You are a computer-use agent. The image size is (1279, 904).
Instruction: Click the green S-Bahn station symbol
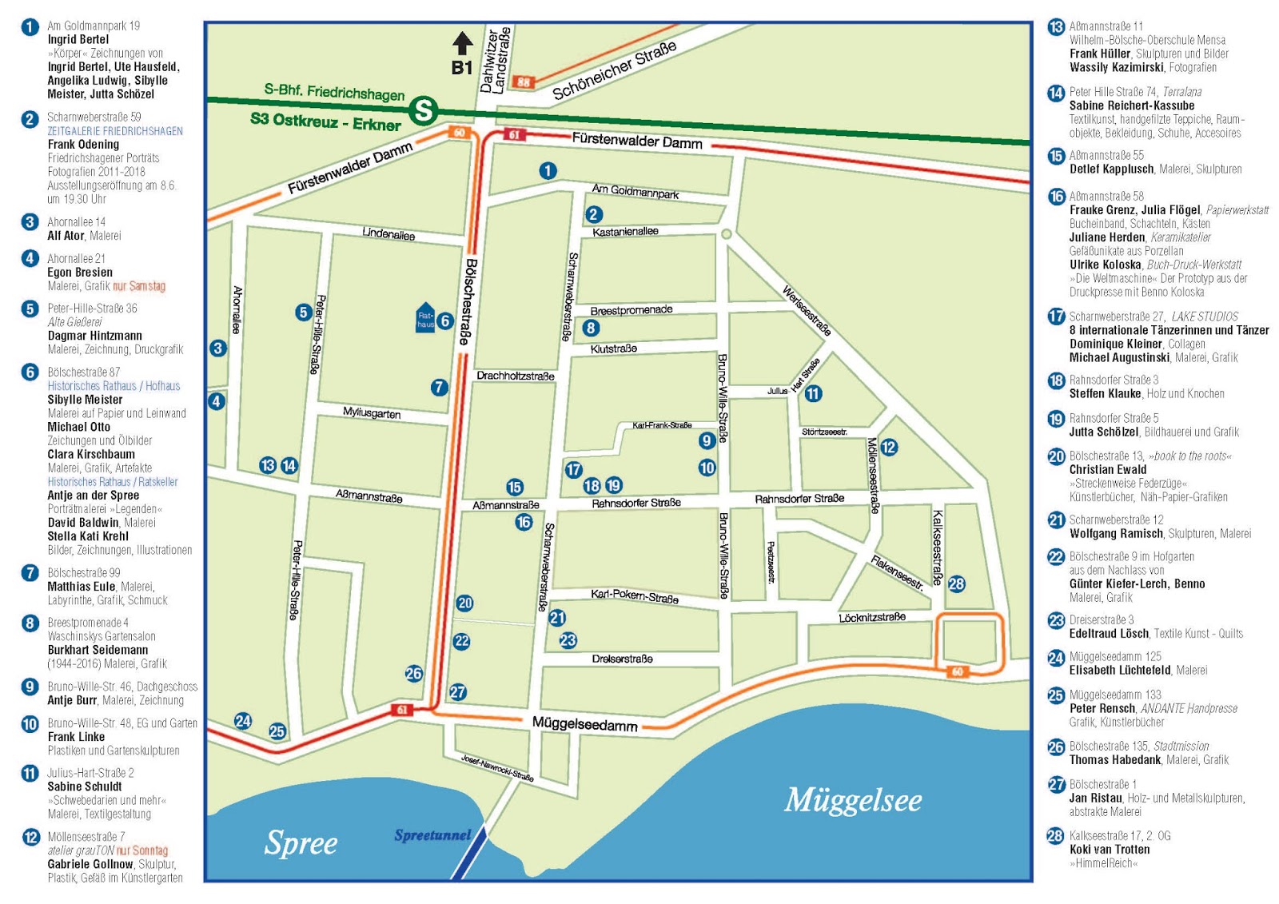point(424,111)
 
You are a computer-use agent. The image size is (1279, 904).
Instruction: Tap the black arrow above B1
point(463,43)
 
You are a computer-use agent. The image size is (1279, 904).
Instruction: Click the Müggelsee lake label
point(853,800)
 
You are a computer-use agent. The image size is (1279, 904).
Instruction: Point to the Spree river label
point(301,843)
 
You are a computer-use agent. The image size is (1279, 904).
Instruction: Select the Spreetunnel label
point(432,835)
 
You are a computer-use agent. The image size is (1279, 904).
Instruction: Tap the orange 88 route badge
point(524,82)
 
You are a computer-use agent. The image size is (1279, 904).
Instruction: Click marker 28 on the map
point(956,583)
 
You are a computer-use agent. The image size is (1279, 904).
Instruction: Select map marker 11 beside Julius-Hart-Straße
point(813,393)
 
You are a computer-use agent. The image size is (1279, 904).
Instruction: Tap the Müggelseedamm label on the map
point(585,724)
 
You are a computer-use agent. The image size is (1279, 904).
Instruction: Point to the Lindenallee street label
point(388,234)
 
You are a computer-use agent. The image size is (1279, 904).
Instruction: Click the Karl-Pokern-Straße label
point(635,596)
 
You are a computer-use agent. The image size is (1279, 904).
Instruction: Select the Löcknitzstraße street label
point(872,617)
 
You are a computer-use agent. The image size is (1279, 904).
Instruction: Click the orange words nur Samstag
point(139,286)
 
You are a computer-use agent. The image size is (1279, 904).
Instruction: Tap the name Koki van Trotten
point(1110,850)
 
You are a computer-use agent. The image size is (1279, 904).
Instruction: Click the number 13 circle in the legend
point(1056,27)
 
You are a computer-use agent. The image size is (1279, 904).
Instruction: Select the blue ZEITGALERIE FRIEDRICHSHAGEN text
point(115,131)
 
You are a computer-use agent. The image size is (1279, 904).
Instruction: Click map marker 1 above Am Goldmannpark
point(548,170)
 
